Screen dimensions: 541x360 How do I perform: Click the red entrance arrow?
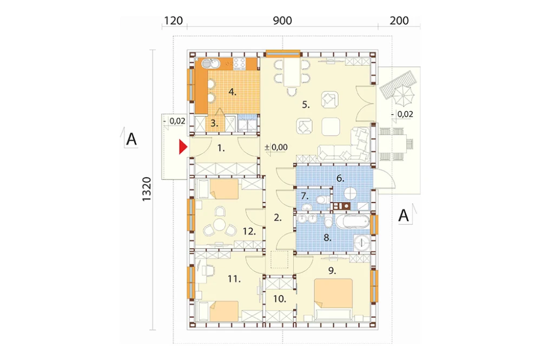click(183, 147)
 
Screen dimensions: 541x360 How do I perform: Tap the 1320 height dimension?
click(147, 189)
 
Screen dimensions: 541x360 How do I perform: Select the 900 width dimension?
click(282, 21)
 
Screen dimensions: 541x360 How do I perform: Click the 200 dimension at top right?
click(399, 21)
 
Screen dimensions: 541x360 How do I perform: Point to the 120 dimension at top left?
click(173, 21)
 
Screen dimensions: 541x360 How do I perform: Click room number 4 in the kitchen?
click(232, 92)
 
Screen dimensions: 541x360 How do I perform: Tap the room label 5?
click(306, 104)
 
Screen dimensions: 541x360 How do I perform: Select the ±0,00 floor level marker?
click(276, 147)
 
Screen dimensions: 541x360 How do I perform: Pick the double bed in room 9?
click(333, 299)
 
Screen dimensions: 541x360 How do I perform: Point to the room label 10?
click(280, 299)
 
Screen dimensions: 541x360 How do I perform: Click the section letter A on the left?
click(131, 139)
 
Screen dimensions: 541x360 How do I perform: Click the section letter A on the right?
click(404, 216)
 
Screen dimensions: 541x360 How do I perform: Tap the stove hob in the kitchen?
click(240, 63)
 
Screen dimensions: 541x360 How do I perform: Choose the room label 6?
click(340, 178)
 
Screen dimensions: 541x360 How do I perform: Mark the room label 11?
click(234, 278)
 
